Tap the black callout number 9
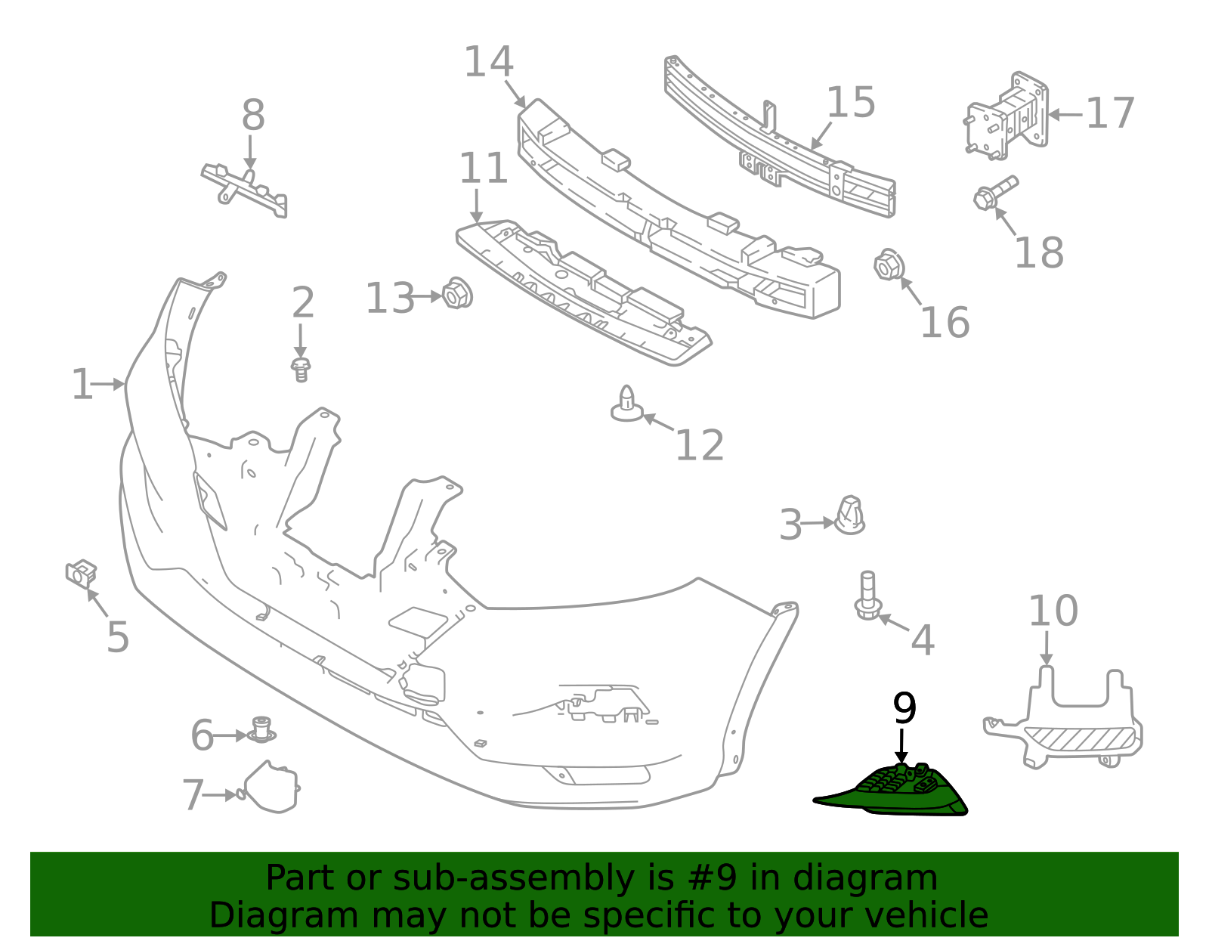coord(904,708)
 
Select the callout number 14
coord(488,62)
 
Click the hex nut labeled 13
coord(456,293)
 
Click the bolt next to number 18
coord(994,193)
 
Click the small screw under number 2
coord(301,370)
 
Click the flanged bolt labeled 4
coord(867,597)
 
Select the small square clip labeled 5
coord(81,574)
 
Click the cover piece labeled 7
coord(272,788)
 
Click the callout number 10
coord(1053,611)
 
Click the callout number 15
coord(850,103)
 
